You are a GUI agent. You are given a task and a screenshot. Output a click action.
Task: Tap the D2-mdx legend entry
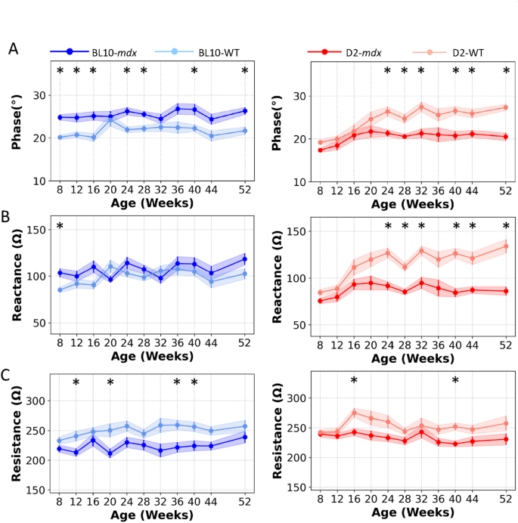[x=355, y=51]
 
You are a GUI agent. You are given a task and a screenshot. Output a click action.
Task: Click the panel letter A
[x=13, y=49]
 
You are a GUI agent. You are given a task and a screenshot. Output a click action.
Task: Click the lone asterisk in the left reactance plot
[x=60, y=227]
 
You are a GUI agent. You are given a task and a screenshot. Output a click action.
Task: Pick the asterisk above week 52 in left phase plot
[x=245, y=73]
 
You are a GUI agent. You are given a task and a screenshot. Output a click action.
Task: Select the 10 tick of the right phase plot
[x=300, y=181]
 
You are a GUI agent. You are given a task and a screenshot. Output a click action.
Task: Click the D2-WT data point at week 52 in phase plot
[x=505, y=107]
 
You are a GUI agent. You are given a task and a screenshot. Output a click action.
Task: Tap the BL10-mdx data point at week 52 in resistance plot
[x=245, y=437]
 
